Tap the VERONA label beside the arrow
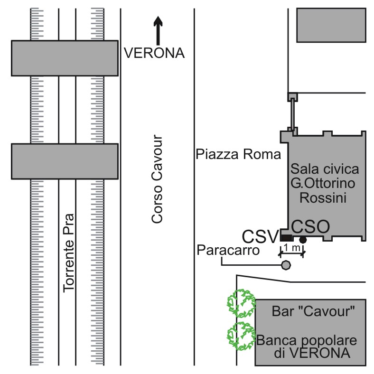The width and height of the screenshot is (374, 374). pos(154,53)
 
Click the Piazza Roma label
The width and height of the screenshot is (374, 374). pos(238,155)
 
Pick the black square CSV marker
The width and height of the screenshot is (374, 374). pos(287,237)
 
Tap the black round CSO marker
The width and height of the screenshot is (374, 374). pos(303,240)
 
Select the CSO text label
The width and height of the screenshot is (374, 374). pos(310,226)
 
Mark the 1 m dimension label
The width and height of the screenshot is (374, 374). pos(292,248)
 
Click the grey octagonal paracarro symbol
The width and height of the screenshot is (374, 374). pos(286,265)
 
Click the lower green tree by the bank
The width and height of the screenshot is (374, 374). pos(240,336)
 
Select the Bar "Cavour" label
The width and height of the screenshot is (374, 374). pos(314,312)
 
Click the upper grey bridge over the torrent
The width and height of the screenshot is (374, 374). pos(65,58)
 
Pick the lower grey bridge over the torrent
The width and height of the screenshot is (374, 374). pos(65,161)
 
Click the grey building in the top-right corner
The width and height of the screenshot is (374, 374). pos(332,25)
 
